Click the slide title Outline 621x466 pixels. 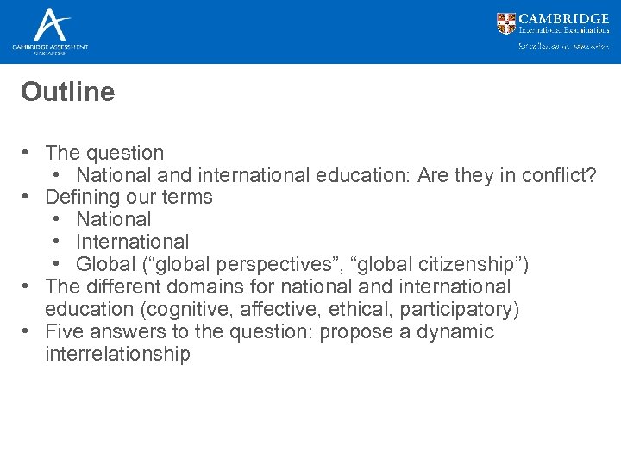coord(67,92)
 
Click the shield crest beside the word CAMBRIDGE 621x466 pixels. coord(506,23)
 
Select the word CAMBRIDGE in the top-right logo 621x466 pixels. coord(564,18)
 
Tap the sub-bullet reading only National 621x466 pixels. coord(113,220)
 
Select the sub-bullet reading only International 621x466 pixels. coord(132,242)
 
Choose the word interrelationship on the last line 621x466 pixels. coord(117,355)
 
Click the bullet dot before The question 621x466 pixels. coord(28,153)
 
